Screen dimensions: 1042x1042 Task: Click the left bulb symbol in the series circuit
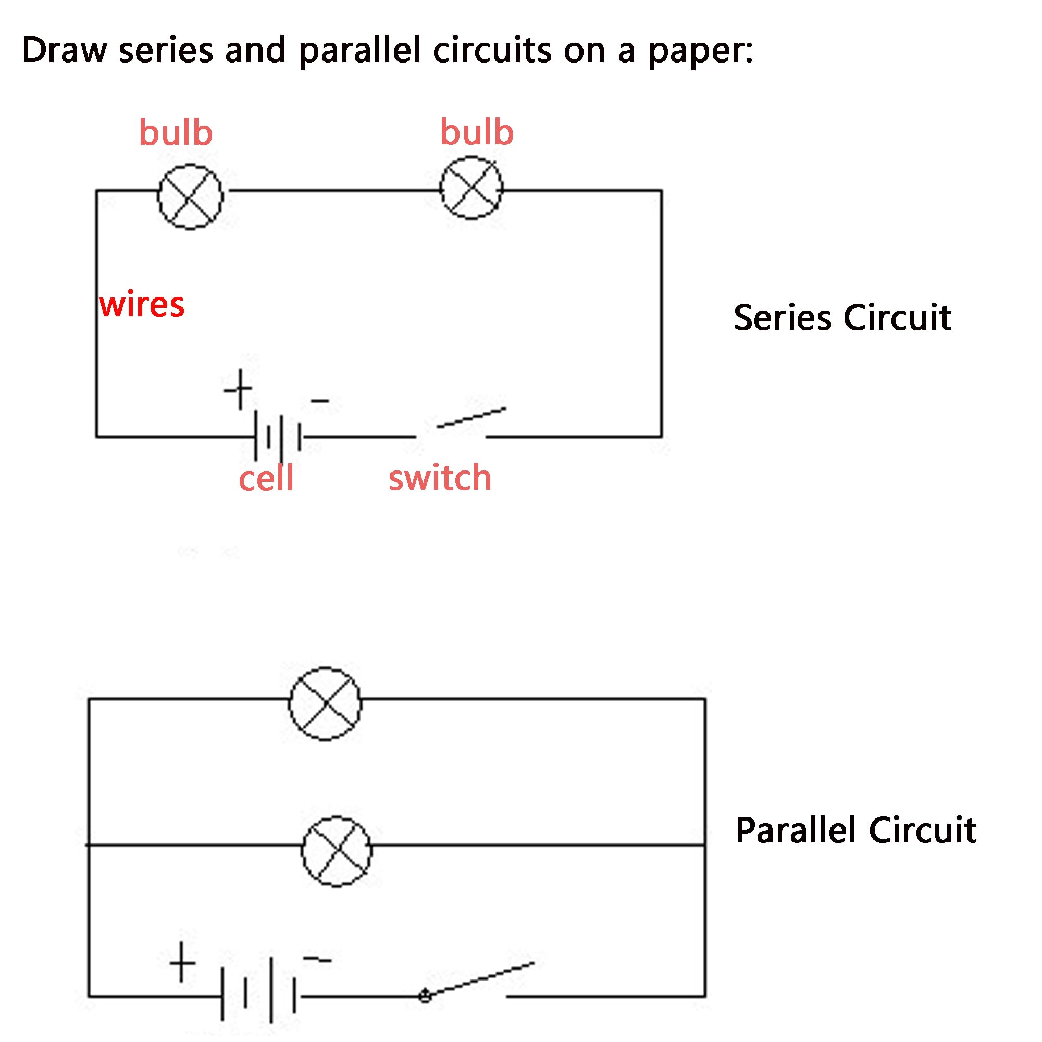[190, 197]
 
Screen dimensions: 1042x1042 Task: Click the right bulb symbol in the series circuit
[472, 188]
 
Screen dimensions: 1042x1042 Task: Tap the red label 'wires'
[142, 305]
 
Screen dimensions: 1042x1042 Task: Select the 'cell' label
[266, 478]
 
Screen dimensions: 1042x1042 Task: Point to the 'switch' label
[440, 478]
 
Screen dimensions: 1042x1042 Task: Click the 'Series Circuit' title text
[842, 318]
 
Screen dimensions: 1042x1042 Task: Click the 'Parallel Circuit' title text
[855, 830]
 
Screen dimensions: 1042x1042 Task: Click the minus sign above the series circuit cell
[320, 401]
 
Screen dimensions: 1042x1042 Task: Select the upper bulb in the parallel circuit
[325, 704]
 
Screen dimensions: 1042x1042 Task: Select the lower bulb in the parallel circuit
[337, 851]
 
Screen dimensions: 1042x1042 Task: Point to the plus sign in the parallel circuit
[182, 962]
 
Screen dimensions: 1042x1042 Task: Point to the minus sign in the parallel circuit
[317, 960]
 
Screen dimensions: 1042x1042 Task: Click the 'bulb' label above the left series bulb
[176, 133]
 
